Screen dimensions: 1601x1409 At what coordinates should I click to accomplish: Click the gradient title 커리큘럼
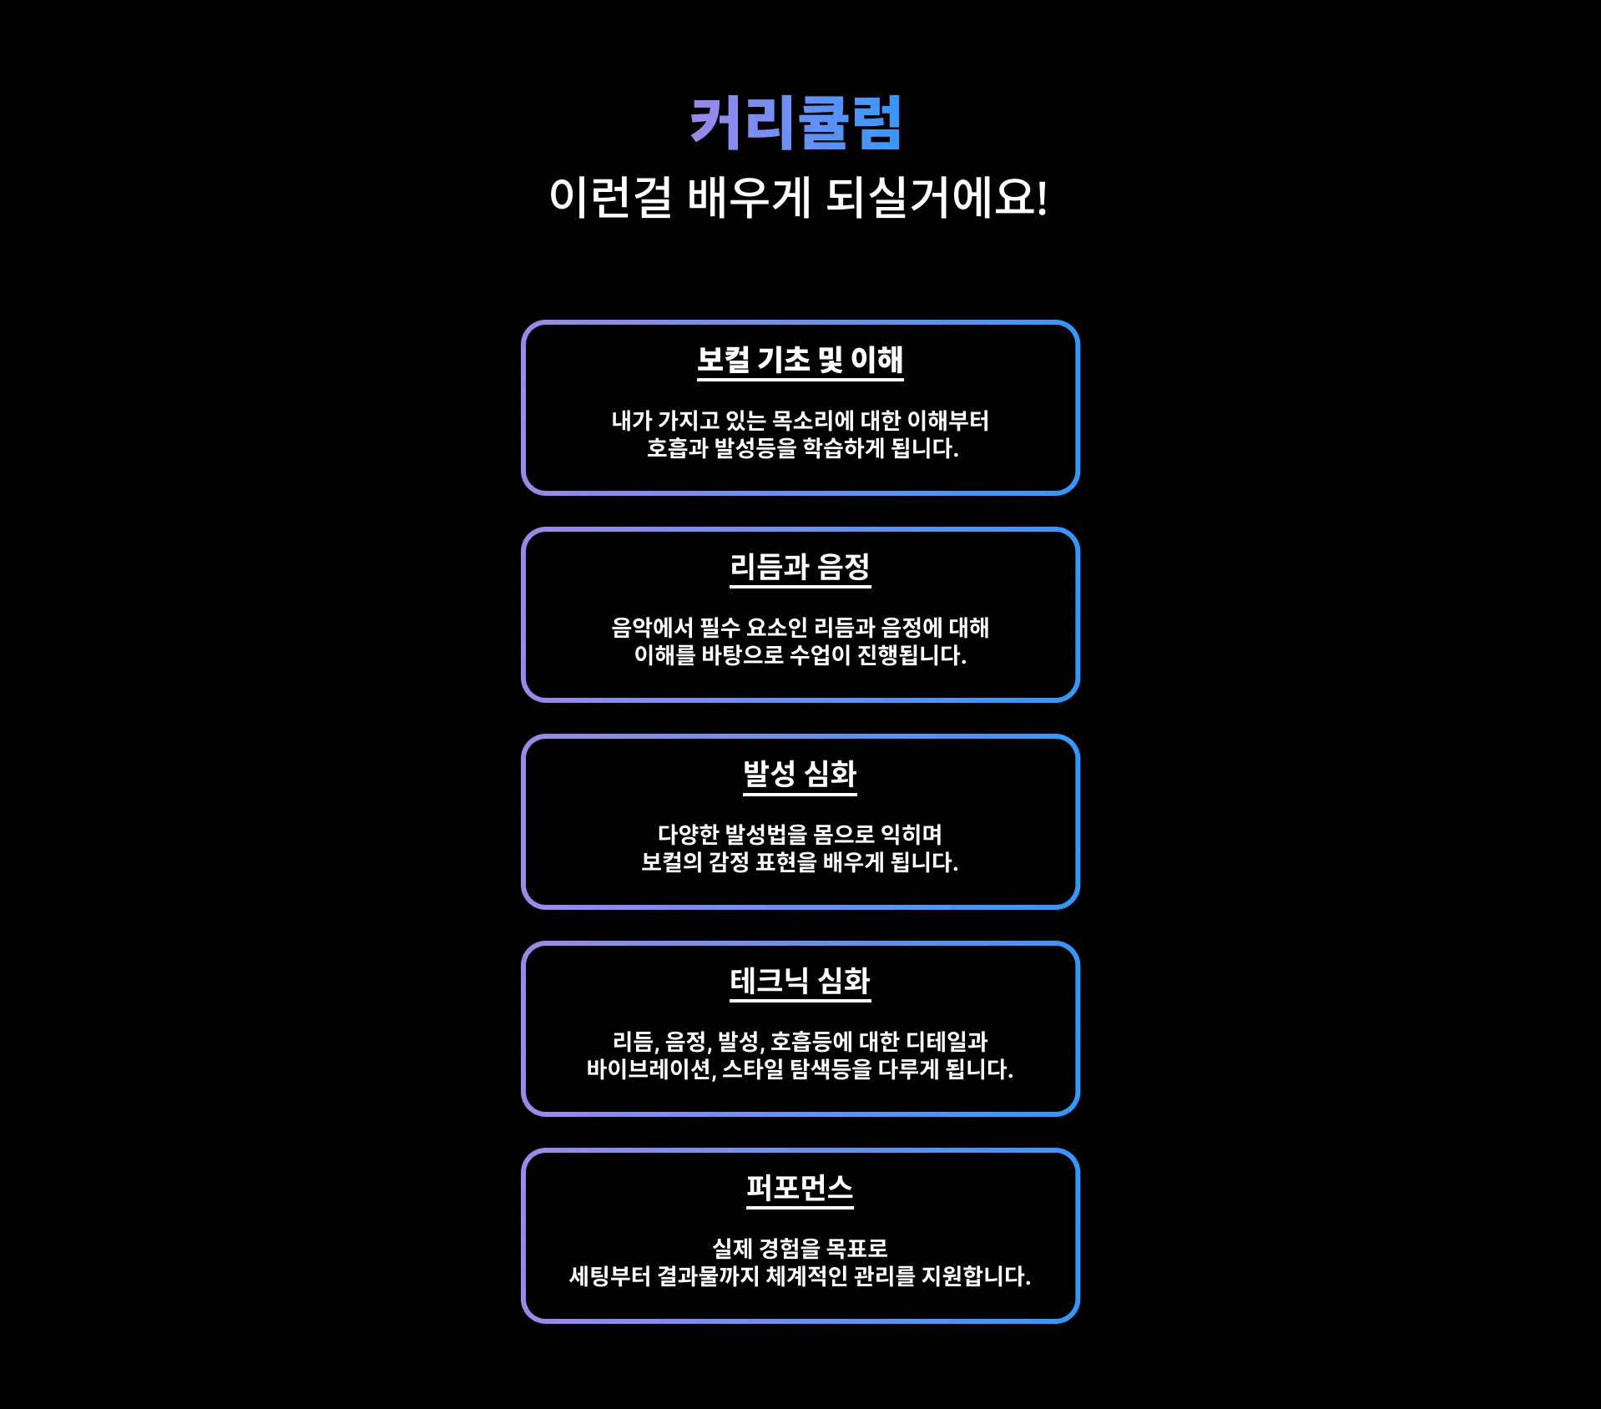pyautogui.click(x=795, y=123)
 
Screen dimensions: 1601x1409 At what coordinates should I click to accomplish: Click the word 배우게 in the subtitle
pyautogui.click(x=749, y=199)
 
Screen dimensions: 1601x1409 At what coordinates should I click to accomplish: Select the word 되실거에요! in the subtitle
pyautogui.click(x=936, y=199)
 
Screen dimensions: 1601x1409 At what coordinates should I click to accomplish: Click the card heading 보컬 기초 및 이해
pyautogui.click(x=800, y=360)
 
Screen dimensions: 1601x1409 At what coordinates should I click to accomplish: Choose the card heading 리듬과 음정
pyautogui.click(x=800, y=567)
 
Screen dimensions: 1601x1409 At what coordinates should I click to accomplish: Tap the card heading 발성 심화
pyautogui.click(x=800, y=774)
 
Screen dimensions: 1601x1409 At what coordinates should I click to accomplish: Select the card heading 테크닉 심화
pyautogui.click(x=800, y=981)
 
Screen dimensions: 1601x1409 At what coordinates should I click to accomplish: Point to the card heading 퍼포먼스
pyautogui.click(x=800, y=1188)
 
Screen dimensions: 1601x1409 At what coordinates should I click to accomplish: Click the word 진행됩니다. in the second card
pyautogui.click(x=912, y=656)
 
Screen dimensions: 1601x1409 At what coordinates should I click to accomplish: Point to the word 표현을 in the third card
pyautogui.click(x=785, y=862)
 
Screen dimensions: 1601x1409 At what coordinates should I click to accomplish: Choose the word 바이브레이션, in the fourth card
pyautogui.click(x=651, y=1069)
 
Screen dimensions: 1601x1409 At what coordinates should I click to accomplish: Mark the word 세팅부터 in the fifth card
pyautogui.click(x=609, y=1276)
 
